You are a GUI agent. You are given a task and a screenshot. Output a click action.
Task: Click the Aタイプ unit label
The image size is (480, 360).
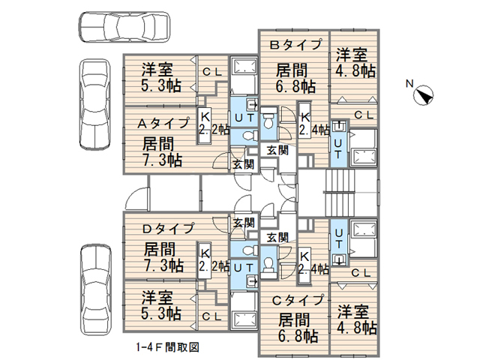[x=162, y=123]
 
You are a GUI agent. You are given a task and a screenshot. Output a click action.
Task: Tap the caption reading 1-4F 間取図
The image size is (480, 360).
[x=166, y=347]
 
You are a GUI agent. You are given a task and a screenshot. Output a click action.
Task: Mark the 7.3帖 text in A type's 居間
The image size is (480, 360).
[x=162, y=158]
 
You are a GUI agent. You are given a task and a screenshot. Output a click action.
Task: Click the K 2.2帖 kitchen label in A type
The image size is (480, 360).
[x=205, y=122]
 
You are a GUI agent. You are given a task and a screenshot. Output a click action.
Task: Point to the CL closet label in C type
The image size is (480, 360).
[x=360, y=272]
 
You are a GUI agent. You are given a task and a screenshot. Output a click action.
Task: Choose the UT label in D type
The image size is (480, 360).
[x=241, y=266]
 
